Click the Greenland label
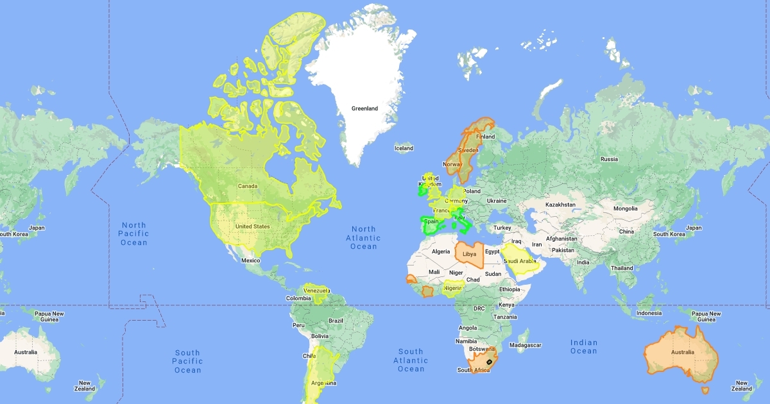(x=364, y=108)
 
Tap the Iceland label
(x=404, y=148)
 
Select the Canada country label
(x=248, y=187)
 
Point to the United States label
(x=252, y=226)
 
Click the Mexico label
(x=250, y=260)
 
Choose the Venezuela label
(x=316, y=290)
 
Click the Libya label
(x=470, y=254)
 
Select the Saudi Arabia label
(x=520, y=261)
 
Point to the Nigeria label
(x=453, y=288)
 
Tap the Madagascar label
(x=524, y=345)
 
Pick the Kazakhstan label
(x=561, y=205)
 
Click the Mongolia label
(x=626, y=208)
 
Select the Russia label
(x=609, y=159)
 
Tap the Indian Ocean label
(x=583, y=347)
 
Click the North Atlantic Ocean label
(x=363, y=238)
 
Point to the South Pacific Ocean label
(x=187, y=361)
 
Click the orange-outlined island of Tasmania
(x=705, y=390)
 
